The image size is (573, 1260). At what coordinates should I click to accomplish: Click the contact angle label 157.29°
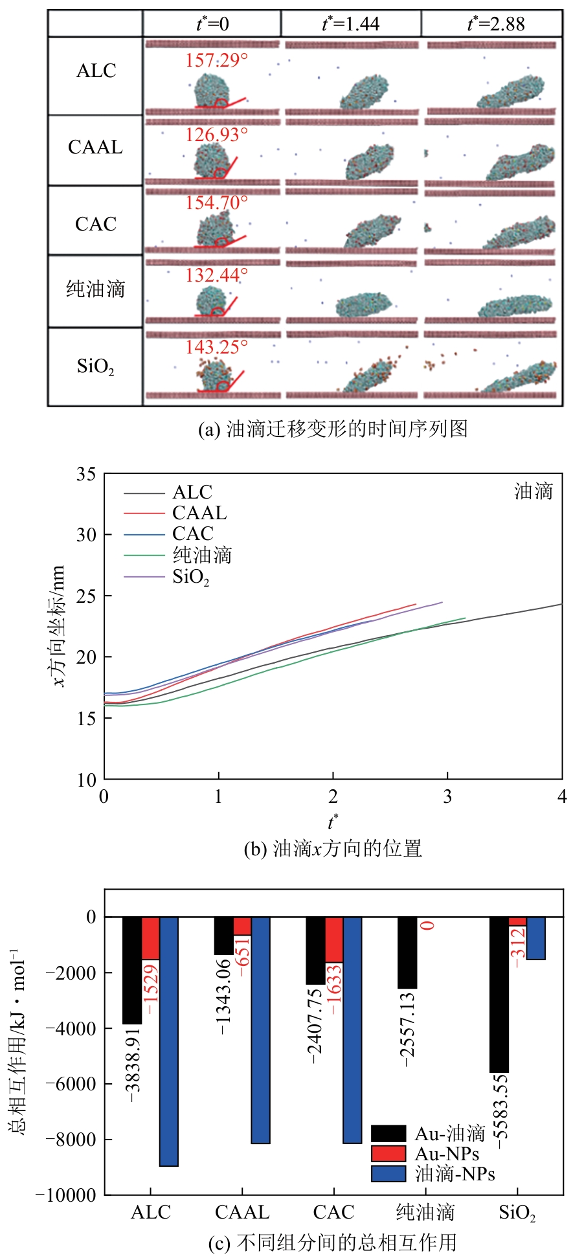click(x=216, y=61)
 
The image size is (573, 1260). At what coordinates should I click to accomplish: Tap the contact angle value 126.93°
click(x=216, y=135)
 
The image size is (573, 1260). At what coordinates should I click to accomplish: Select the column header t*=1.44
click(x=350, y=24)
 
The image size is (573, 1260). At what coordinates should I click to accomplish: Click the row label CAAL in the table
click(x=95, y=148)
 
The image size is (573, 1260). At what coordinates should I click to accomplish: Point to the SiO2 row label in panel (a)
click(x=95, y=366)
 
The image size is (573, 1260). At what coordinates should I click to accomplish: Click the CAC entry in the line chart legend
click(x=192, y=534)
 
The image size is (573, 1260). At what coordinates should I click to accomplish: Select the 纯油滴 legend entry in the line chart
click(x=202, y=555)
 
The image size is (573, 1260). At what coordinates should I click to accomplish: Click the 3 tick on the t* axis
click(x=447, y=796)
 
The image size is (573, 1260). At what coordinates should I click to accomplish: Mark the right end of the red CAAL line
click(x=415, y=605)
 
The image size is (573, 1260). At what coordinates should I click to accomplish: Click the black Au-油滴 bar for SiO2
click(x=499, y=994)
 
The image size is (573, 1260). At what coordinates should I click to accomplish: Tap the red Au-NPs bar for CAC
click(x=334, y=939)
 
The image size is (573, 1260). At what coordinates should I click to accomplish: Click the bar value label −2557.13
click(x=407, y=1029)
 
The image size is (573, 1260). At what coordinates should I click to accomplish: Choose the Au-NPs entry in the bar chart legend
click(x=446, y=1154)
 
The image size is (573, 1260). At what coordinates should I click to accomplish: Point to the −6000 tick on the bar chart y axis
click(x=72, y=1083)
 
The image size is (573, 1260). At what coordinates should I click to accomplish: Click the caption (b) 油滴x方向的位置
click(x=332, y=848)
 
